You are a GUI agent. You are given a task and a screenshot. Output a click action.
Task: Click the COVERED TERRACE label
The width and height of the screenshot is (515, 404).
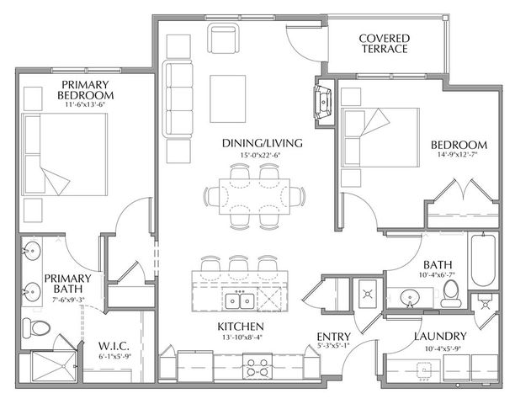click(x=385, y=44)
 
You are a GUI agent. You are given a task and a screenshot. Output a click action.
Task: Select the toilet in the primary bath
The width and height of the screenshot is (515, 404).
click(x=36, y=327)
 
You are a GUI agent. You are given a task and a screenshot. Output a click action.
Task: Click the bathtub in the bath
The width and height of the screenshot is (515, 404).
click(x=483, y=260)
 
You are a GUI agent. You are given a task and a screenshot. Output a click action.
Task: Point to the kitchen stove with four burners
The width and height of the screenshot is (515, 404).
click(x=257, y=367)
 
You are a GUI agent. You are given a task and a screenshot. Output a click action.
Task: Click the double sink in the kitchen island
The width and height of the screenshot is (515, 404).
click(x=240, y=300)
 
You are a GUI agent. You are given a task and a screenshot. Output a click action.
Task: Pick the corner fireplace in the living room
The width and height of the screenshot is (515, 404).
click(x=323, y=102)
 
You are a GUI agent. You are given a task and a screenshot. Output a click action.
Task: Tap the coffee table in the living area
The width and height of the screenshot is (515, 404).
click(x=228, y=98)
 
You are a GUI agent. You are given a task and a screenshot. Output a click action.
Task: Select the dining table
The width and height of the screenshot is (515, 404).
click(x=254, y=196)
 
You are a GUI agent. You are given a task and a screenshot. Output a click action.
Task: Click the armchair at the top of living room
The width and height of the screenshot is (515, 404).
click(x=223, y=38)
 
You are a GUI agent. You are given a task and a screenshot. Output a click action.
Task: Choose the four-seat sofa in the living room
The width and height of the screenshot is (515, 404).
click(x=178, y=99)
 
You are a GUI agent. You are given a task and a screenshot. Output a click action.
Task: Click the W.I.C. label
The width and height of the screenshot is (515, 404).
click(x=114, y=346)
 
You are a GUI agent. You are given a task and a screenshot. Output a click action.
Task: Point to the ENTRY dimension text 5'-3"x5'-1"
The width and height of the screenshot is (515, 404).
click(x=333, y=346)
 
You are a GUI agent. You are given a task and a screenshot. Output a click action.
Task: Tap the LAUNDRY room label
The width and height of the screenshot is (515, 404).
click(x=440, y=336)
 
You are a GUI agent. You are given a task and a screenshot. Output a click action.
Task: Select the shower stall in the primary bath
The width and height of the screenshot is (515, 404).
click(x=54, y=367)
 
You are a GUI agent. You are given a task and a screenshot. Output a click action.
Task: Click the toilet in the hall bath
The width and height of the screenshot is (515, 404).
click(x=451, y=293)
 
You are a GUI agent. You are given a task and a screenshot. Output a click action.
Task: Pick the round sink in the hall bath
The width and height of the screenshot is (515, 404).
click(x=410, y=298)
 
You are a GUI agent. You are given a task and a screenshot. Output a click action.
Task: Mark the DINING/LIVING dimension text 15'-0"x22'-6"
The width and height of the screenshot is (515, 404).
click(x=262, y=155)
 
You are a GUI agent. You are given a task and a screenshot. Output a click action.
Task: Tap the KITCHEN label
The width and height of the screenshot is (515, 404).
click(x=241, y=327)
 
